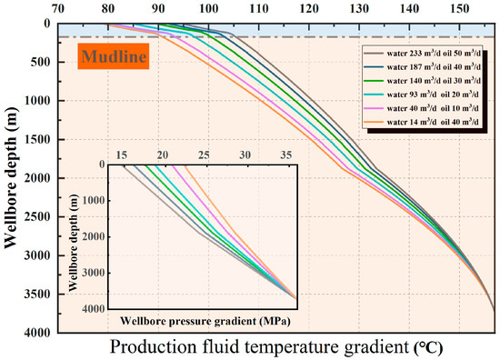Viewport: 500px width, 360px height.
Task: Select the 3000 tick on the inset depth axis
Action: click(92, 272)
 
